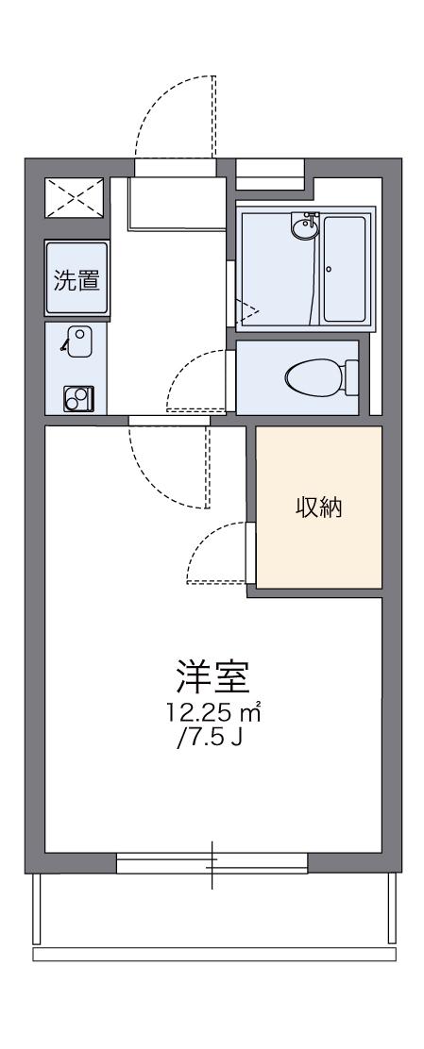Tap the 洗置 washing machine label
click(x=76, y=280)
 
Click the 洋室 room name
click(x=212, y=676)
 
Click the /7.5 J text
click(x=209, y=738)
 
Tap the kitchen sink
click(x=77, y=340)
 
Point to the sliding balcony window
click(x=212, y=863)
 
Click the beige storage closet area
click(x=316, y=547)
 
